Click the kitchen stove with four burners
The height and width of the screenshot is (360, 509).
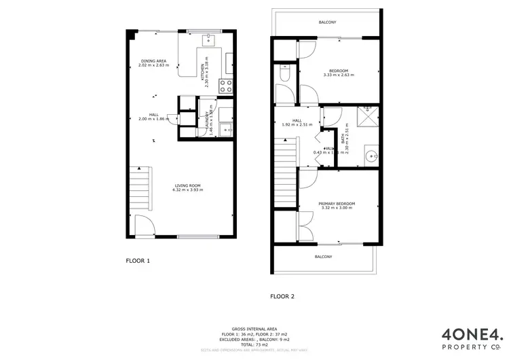(226, 86)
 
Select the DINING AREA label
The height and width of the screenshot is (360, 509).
(154, 61)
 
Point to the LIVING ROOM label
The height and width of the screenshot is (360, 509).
(187, 185)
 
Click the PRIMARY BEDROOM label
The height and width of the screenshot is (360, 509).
(337, 204)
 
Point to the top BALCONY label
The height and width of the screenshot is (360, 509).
(327, 22)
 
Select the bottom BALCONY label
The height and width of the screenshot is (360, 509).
(323, 257)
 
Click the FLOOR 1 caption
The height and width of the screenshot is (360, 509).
(138, 260)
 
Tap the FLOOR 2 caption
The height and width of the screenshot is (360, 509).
(282, 296)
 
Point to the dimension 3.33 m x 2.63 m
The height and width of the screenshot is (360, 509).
(339, 75)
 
